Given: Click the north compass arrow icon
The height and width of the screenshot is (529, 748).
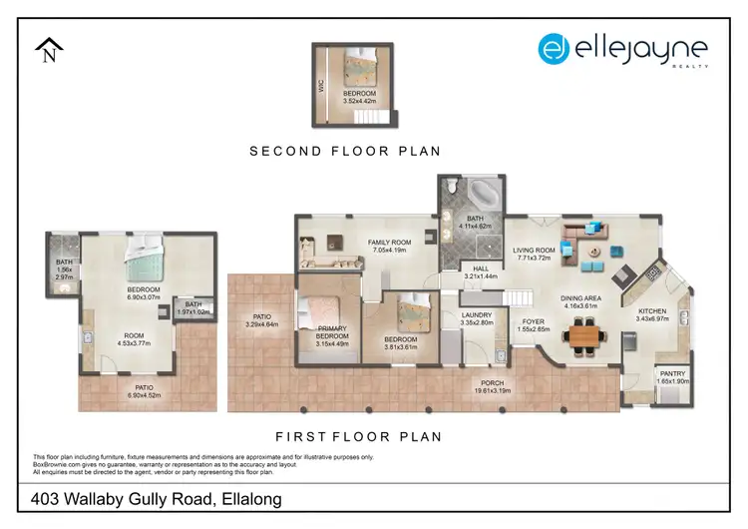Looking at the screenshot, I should click(47, 50).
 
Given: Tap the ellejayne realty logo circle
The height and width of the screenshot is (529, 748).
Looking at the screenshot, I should click(555, 49).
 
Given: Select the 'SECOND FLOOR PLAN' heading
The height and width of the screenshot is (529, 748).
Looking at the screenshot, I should click(345, 152).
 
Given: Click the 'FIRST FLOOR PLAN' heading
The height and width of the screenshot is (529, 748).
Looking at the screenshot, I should click(358, 436).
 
